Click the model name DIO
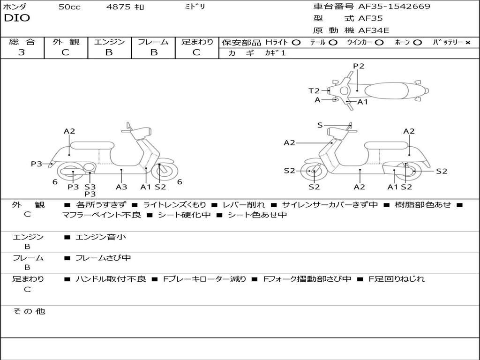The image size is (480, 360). [x=17, y=18]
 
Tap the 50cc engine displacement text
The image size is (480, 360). [x=69, y=7]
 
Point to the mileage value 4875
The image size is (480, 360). [x=119, y=7]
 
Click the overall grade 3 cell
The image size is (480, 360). [x=22, y=52]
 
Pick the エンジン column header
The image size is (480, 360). [x=109, y=42]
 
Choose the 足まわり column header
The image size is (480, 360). [x=197, y=42]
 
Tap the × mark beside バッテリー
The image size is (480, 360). [x=467, y=42]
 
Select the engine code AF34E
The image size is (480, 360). [x=374, y=30]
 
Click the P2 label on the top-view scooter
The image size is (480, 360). [x=359, y=66]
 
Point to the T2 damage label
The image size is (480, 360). [x=314, y=91]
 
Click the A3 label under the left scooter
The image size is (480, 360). [x=121, y=187]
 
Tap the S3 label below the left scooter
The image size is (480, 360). [x=90, y=187]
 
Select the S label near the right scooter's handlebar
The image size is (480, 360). [x=320, y=125]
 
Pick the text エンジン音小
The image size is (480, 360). [x=101, y=237]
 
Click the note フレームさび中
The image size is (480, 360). [x=103, y=258]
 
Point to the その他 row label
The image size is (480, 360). [x=29, y=311]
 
